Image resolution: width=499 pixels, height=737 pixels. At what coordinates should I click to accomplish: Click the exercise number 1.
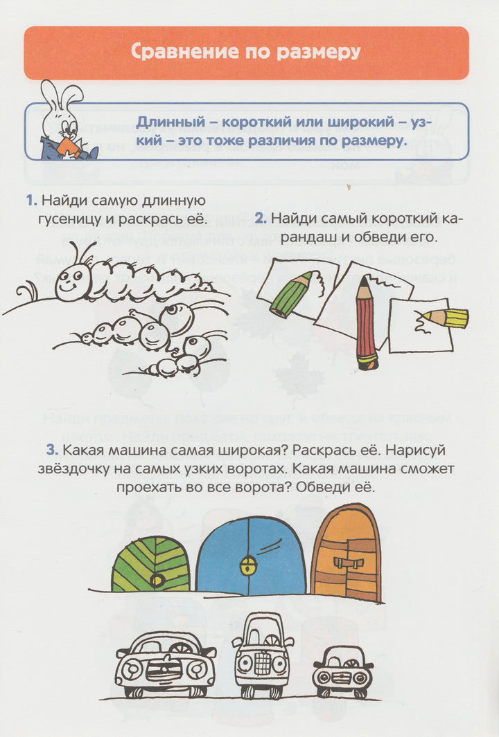[x=31, y=201]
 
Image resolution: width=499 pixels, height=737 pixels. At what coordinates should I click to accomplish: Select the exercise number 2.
[x=261, y=219]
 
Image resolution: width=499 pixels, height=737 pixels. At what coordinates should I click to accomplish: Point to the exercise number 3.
[x=52, y=451]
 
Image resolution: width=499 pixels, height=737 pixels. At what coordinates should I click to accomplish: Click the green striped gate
[x=150, y=564]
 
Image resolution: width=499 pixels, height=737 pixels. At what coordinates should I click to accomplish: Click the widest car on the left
[x=166, y=664]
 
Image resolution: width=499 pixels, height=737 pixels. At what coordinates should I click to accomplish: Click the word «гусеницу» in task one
[x=75, y=219]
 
